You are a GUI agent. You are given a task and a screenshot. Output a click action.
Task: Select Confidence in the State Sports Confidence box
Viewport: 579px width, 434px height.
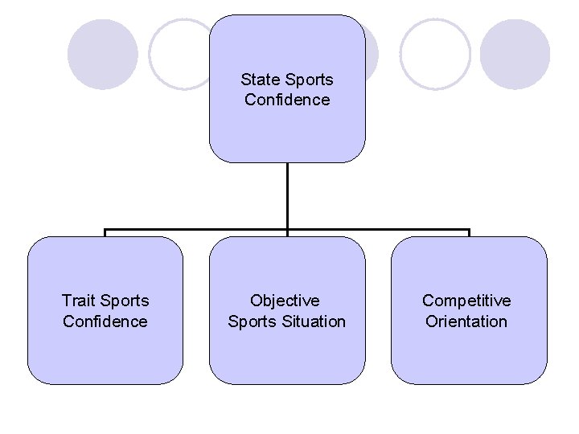[287, 100]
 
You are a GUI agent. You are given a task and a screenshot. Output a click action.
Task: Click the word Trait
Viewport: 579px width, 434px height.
[78, 301]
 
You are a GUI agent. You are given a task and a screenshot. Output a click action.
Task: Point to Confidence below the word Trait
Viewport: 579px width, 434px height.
[105, 321]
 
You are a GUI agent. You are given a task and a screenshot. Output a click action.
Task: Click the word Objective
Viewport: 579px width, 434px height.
[285, 301]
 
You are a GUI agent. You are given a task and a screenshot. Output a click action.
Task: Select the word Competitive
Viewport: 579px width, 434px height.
[466, 301]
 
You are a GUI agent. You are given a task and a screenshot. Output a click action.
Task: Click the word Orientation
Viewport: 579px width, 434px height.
[466, 321]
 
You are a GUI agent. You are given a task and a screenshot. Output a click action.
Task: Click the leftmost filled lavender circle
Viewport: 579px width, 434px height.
[102, 55]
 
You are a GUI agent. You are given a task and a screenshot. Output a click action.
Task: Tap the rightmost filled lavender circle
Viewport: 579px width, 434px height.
[515, 55]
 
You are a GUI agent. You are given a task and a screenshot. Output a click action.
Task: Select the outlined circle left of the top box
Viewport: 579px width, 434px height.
[181, 55]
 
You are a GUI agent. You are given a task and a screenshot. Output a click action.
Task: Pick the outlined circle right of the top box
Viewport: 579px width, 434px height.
[434, 55]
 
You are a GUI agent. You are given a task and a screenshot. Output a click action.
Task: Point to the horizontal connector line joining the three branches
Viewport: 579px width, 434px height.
[193, 229]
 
